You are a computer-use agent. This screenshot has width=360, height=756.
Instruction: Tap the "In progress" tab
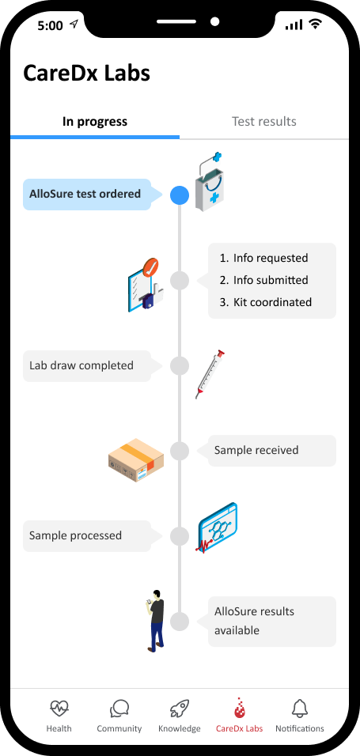[95, 122]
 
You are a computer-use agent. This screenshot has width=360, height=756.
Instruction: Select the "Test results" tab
[264, 122]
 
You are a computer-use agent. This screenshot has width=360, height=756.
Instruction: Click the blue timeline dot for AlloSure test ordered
[180, 195]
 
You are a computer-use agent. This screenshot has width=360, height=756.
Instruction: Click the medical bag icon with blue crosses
[210, 181]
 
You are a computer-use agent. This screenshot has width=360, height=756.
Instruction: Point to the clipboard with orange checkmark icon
[144, 285]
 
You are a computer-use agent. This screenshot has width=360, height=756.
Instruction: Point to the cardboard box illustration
[137, 460]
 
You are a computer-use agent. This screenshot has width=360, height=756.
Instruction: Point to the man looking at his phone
[156, 621]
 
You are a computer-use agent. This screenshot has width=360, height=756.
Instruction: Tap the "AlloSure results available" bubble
[271, 622]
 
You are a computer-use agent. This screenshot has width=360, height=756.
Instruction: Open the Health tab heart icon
[59, 709]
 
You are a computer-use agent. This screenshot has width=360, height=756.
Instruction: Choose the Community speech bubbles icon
[119, 709]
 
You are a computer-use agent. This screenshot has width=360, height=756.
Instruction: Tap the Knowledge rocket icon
[180, 709]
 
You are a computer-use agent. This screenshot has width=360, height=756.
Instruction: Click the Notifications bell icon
[300, 709]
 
